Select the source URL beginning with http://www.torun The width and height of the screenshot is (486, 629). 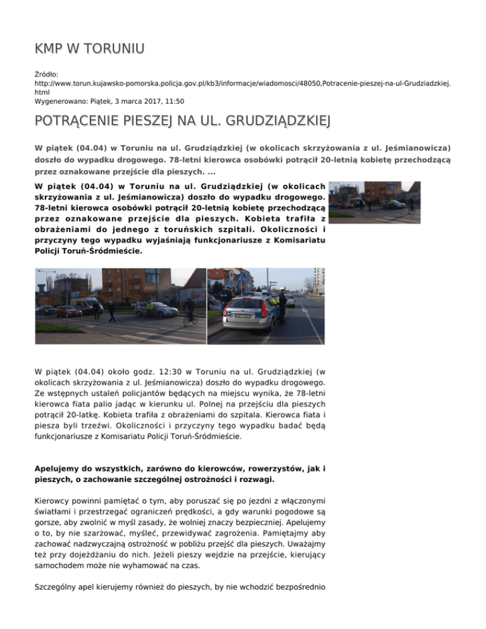pyautogui.click(x=241, y=84)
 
